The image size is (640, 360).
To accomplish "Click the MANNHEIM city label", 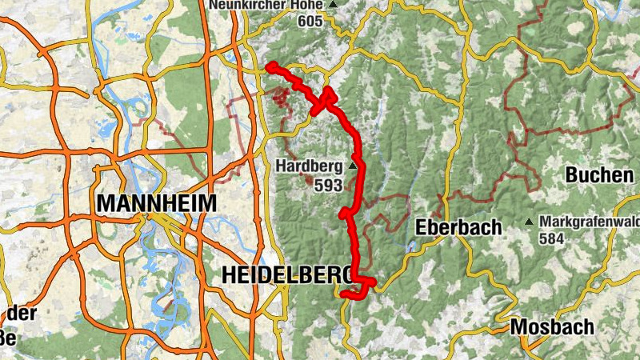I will (156, 203).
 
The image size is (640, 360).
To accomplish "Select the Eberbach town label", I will (458, 228).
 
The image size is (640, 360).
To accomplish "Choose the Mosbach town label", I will (552, 327).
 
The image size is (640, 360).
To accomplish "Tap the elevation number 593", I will (328, 185).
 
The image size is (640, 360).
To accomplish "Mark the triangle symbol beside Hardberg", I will (353, 166).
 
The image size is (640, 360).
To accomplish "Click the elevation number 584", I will (551, 238).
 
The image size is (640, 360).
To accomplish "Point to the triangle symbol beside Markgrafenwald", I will (529, 222).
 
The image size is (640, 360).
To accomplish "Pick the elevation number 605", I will (310, 21).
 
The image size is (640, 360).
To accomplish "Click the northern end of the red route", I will (271, 66).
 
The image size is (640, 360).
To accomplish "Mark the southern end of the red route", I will (344, 295).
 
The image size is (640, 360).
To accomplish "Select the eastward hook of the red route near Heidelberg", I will (371, 282).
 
